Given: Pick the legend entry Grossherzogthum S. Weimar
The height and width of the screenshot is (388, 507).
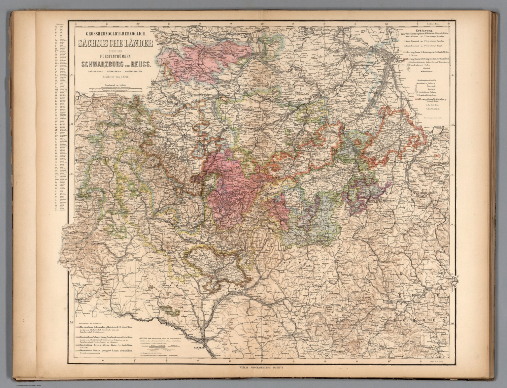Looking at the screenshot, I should point(426,34).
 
